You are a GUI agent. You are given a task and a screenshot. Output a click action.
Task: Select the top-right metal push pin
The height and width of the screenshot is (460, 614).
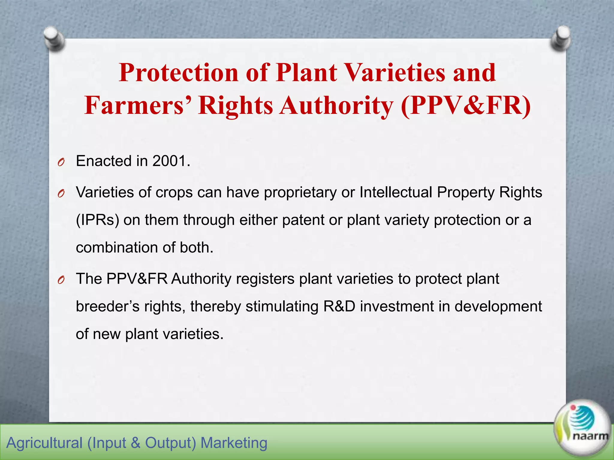560,38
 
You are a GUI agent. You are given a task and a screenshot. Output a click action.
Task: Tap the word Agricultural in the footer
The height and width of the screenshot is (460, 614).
44,443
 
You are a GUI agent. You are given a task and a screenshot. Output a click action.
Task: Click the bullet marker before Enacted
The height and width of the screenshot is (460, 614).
61,163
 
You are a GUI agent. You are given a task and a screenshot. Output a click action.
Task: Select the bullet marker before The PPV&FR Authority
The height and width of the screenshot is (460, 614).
61,280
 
